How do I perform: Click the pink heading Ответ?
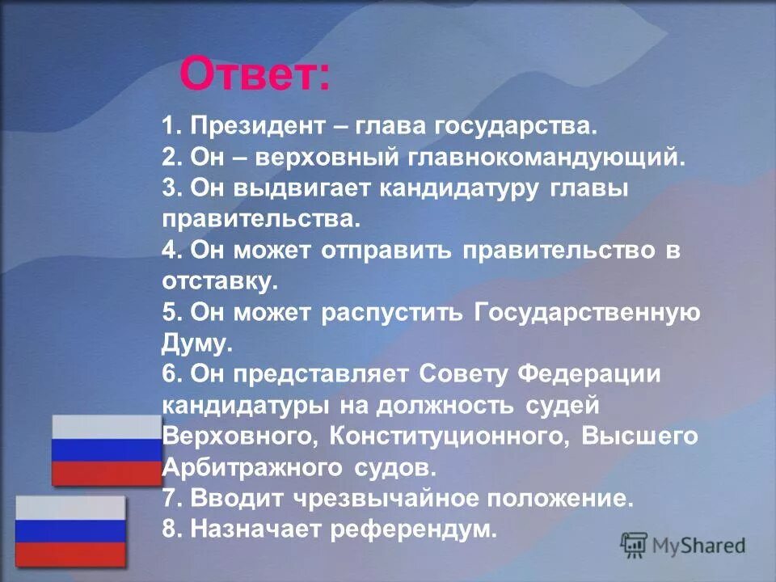255,75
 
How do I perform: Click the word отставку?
219,281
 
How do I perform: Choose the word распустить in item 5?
393,312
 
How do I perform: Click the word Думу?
196,343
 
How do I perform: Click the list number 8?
169,529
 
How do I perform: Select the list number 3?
169,188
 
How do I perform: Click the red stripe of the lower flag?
71,554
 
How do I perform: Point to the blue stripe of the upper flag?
107,450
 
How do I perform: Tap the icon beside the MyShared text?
634,546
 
